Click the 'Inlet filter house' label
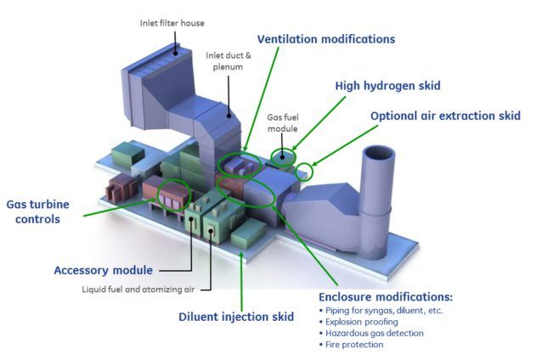tap(172, 23)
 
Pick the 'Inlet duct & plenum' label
tap(227, 61)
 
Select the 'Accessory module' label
tap(104, 270)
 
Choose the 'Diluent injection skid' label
tap(236, 317)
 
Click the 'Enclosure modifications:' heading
tap(386, 297)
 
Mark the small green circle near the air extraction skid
tap(306, 171)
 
